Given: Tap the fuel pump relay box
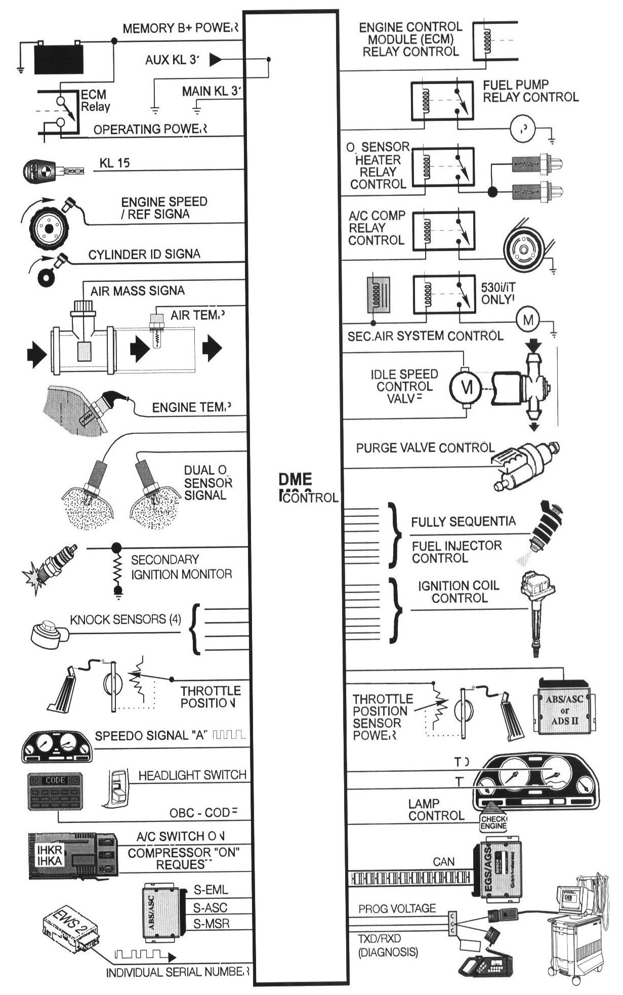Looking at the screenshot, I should pyautogui.click(x=441, y=101).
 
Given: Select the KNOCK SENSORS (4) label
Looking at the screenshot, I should pyautogui.click(x=125, y=619).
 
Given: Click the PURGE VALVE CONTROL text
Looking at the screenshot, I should pyautogui.click(x=425, y=448).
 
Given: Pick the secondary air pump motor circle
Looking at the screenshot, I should pyautogui.click(x=527, y=319).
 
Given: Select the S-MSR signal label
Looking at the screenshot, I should pyautogui.click(x=212, y=923).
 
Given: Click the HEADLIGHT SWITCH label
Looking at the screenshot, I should pyautogui.click(x=192, y=775).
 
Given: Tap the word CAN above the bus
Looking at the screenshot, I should pyautogui.click(x=444, y=861).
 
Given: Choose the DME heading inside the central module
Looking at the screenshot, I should pyautogui.click(x=295, y=479).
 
